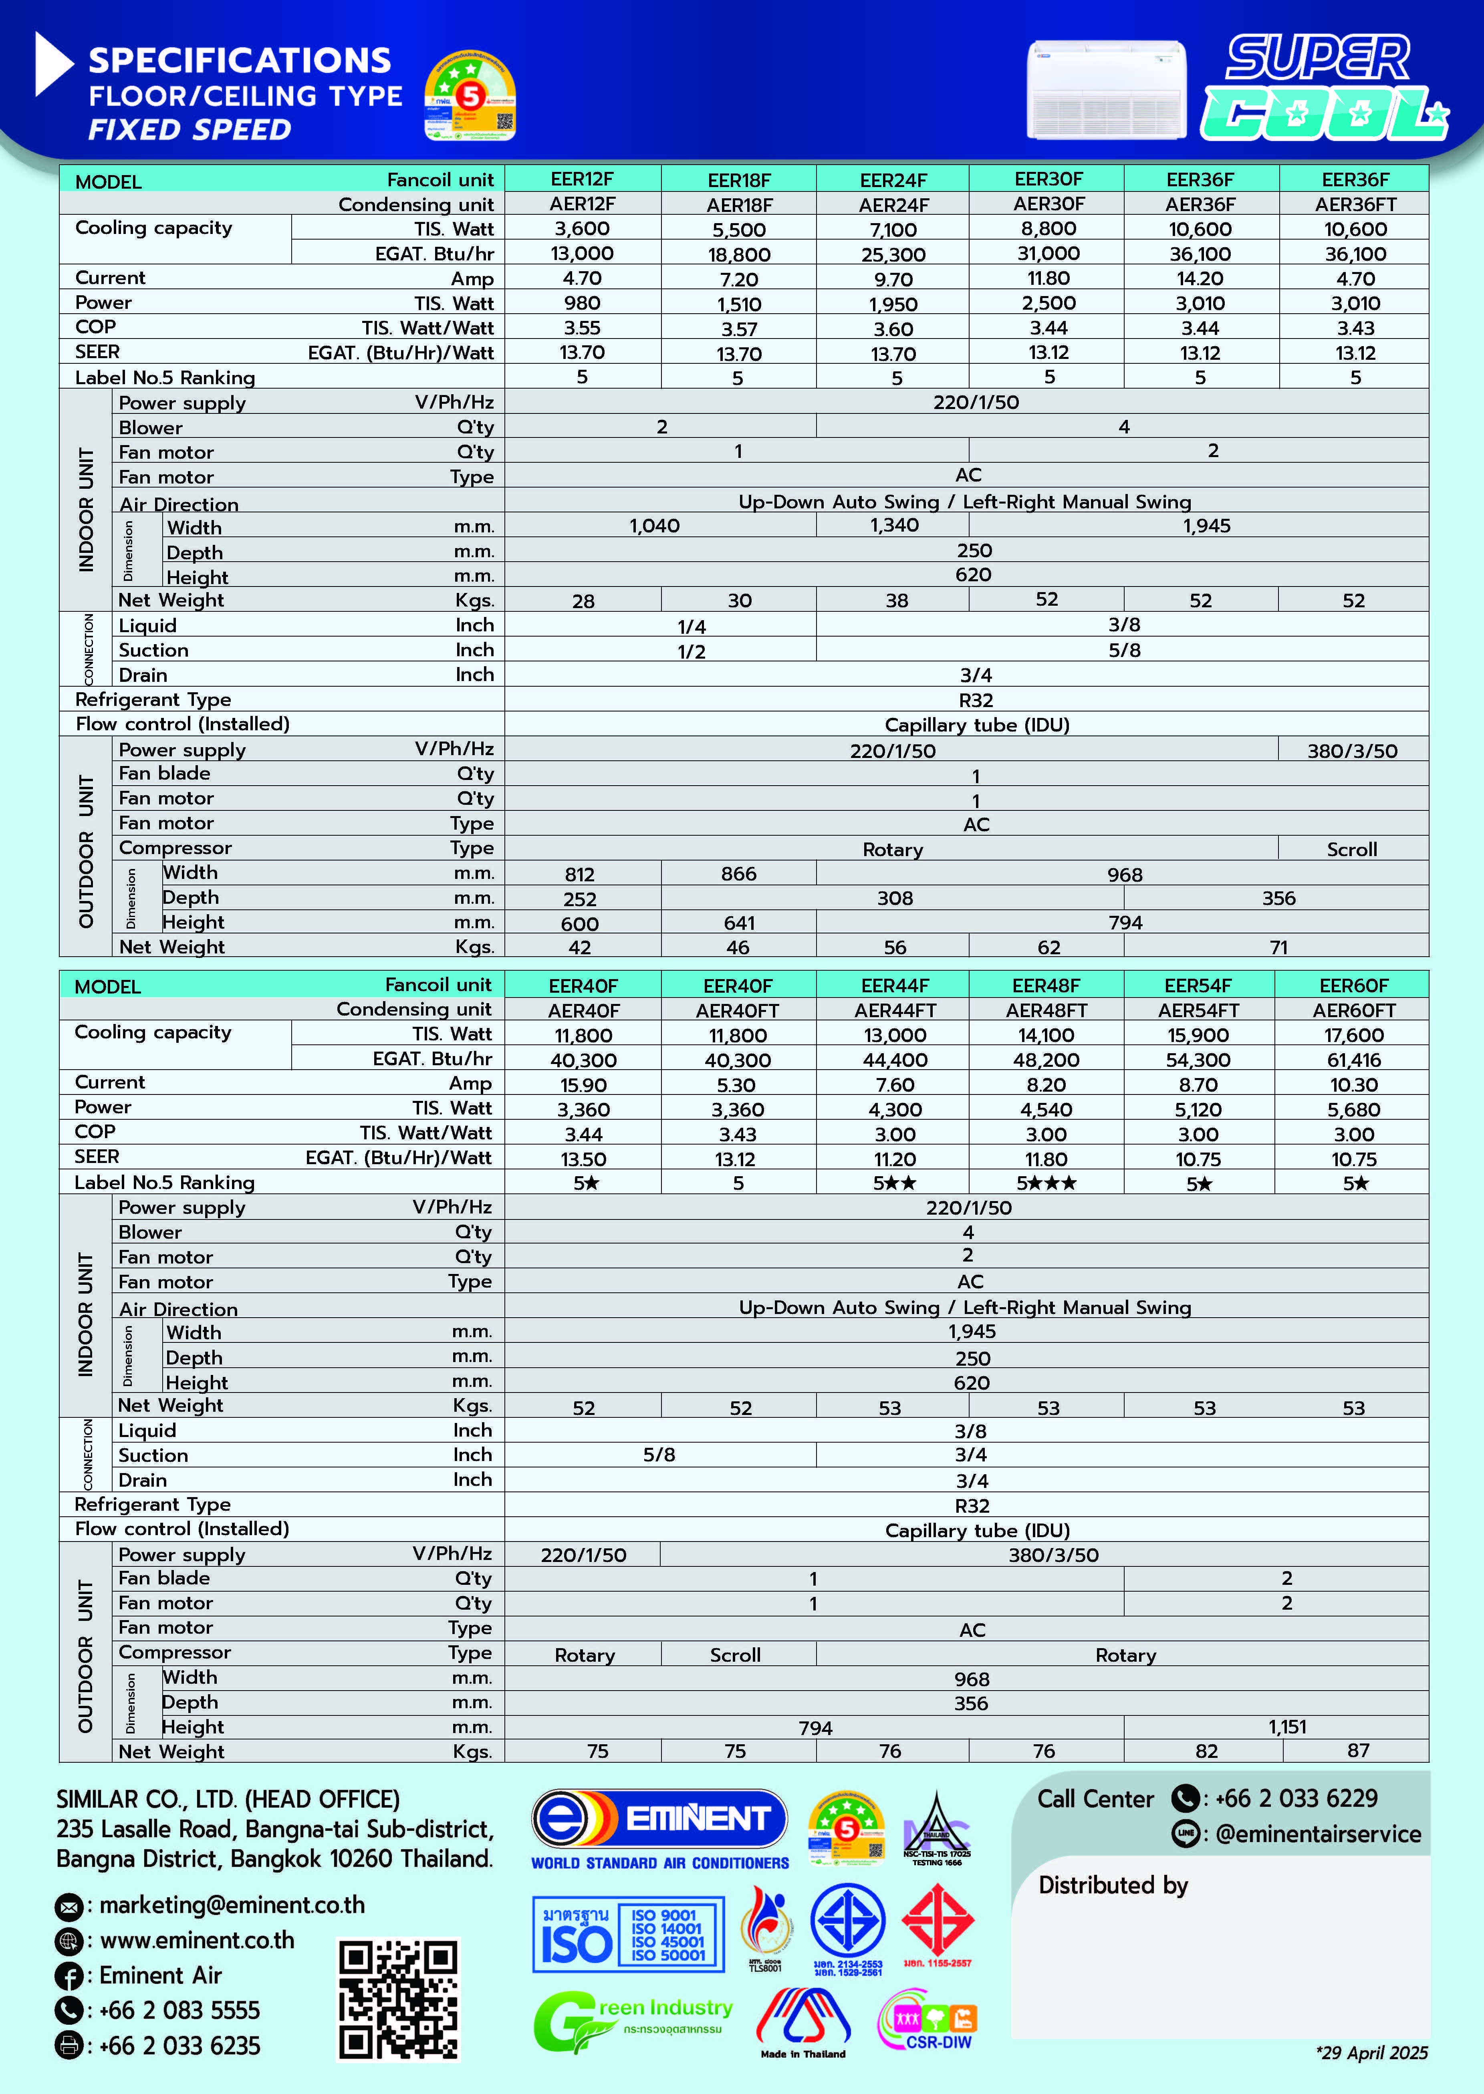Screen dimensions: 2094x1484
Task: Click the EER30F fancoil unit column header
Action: pyautogui.click(x=1048, y=179)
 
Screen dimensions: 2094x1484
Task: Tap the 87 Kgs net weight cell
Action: pyautogui.click(x=1358, y=1751)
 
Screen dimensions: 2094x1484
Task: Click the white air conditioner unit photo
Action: pyautogui.click(x=1107, y=89)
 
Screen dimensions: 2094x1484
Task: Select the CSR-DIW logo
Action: pyautogui.click(x=927, y=2021)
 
